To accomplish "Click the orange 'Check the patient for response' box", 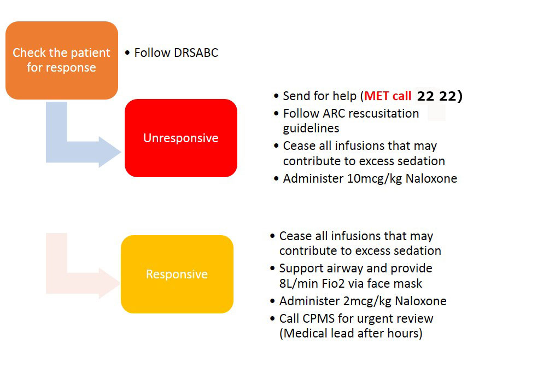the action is click(62, 60).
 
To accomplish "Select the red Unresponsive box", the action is click(181, 138).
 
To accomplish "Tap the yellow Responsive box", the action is click(177, 274).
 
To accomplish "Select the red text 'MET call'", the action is click(388, 96).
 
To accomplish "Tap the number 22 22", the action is click(437, 96).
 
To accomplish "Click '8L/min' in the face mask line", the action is click(297, 283).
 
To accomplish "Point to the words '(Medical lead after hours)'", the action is click(351, 334).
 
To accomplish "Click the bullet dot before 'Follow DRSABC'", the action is click(127, 53).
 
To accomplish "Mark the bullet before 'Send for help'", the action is click(276, 96).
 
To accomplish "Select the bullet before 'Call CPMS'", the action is click(272, 319).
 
